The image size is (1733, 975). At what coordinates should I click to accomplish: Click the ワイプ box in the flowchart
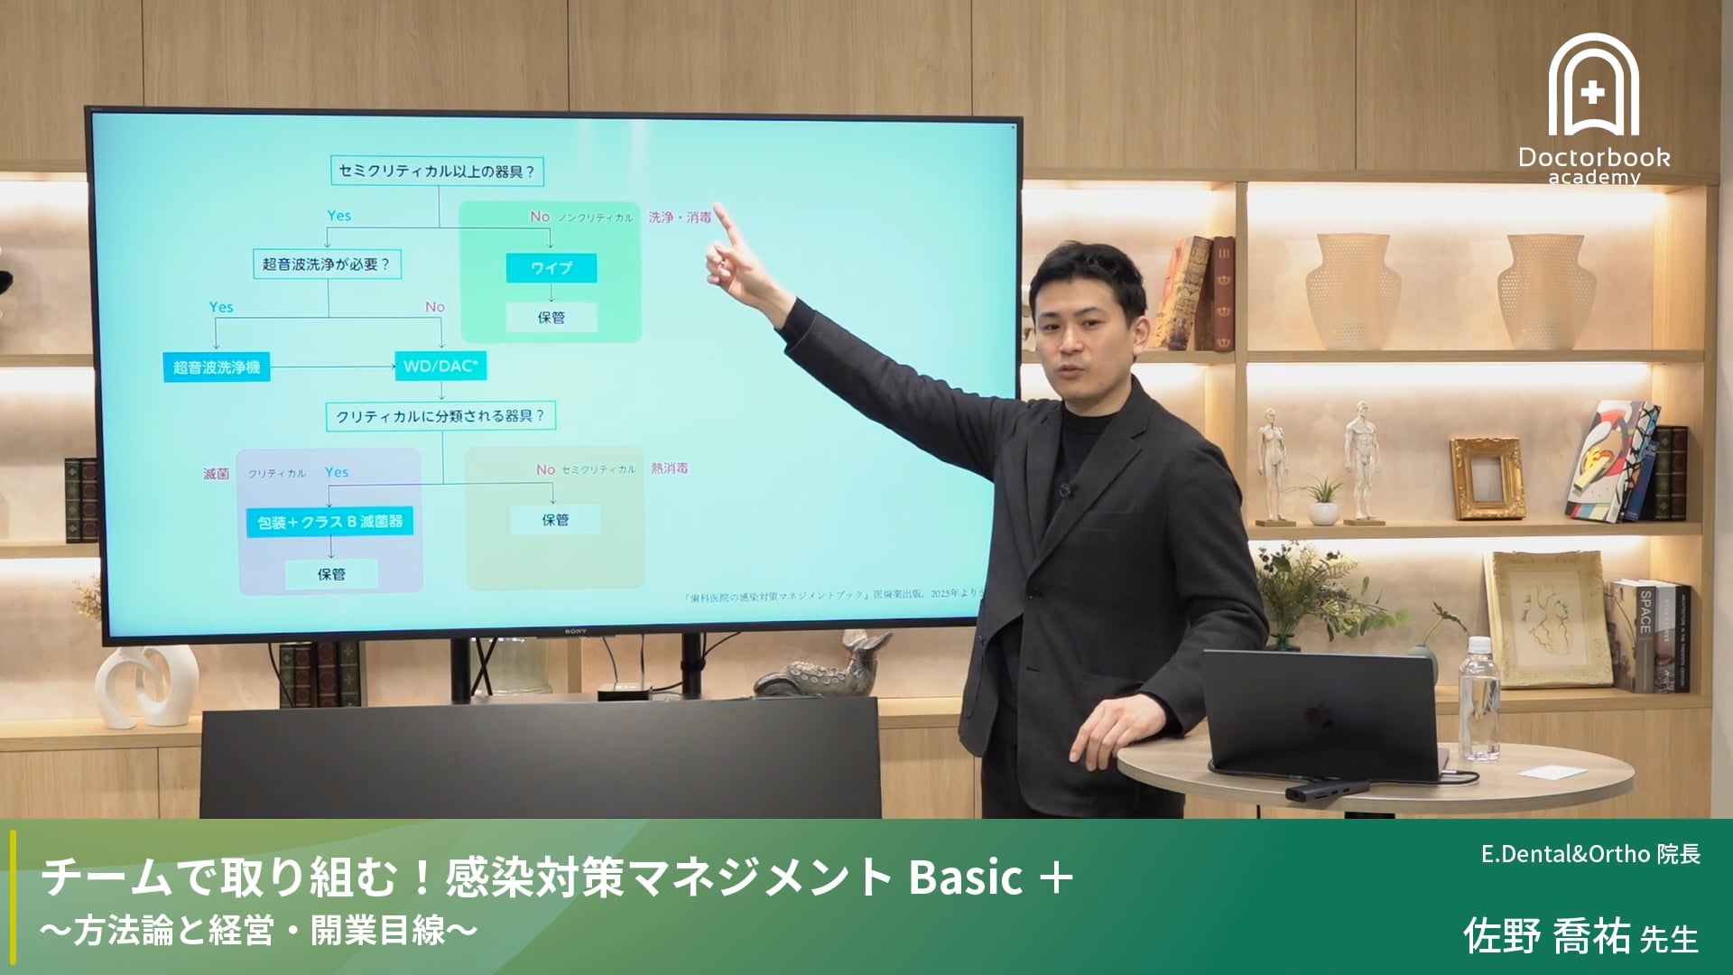[551, 268]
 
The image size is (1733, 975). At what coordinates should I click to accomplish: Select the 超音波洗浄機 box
[217, 367]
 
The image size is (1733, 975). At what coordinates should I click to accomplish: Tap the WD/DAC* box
[440, 366]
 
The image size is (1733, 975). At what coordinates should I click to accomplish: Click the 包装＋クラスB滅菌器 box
[329, 522]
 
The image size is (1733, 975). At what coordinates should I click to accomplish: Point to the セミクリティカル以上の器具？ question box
[437, 171]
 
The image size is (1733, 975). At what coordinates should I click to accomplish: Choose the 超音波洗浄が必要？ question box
[326, 265]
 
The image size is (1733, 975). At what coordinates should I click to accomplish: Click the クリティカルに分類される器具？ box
[440, 416]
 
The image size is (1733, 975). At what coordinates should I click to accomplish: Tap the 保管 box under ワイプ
[551, 318]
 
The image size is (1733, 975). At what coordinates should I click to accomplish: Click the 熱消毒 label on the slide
[669, 469]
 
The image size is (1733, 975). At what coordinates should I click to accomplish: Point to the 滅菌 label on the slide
[216, 473]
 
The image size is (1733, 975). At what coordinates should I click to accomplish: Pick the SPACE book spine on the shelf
[1645, 632]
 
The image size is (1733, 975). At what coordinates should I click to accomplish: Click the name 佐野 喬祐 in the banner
[1546, 936]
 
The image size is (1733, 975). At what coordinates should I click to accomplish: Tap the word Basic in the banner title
[965, 877]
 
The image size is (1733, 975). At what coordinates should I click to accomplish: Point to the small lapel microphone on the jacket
[1065, 490]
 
